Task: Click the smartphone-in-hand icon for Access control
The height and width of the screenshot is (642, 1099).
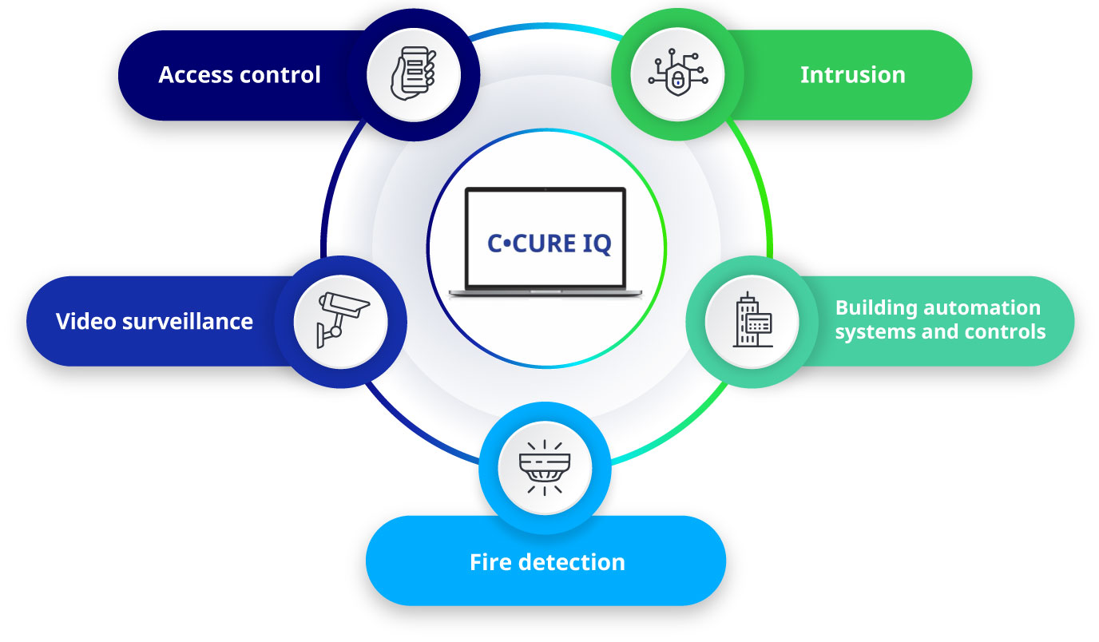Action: click(x=413, y=74)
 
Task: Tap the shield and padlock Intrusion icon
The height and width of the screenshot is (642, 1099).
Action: click(x=676, y=74)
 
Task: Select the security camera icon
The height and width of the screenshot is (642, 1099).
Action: click(x=340, y=321)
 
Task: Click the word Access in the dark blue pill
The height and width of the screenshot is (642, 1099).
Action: click(x=194, y=75)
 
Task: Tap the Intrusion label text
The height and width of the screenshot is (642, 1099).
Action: click(x=852, y=75)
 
